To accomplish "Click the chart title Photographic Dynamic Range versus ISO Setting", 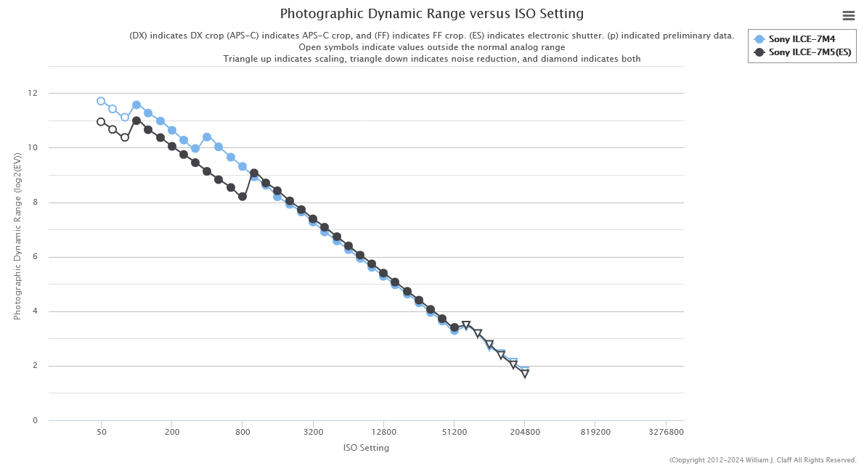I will [x=431, y=14].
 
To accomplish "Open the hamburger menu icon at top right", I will [x=848, y=15].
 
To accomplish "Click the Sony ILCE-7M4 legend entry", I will [x=802, y=39].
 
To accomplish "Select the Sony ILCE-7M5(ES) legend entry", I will [x=809, y=52].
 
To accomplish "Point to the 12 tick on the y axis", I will [x=32, y=94].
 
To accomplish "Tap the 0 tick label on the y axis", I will [x=35, y=421].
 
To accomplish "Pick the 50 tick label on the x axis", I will [x=101, y=432].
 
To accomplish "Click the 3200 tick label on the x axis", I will [x=313, y=432].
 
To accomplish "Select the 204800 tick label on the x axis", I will [x=524, y=432].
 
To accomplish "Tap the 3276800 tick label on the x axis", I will [x=665, y=432].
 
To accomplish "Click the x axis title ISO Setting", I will [x=366, y=448].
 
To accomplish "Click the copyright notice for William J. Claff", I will [x=762, y=460].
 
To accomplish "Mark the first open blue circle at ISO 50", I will [x=101, y=101].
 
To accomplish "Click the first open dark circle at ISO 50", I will [x=101, y=122].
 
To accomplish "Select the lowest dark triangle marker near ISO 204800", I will [x=525, y=374].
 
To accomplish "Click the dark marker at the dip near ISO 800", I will [x=243, y=196].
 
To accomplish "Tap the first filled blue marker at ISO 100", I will [x=136, y=105].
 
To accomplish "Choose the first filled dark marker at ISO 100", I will [x=136, y=120].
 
